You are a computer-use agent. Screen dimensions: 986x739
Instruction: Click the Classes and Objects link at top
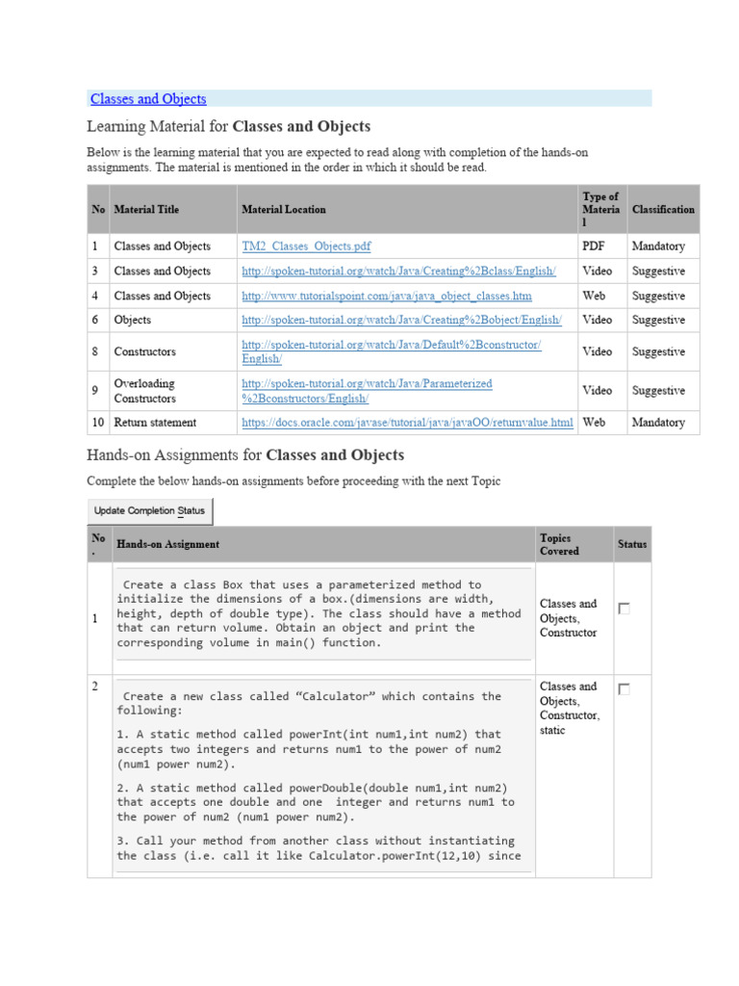148,99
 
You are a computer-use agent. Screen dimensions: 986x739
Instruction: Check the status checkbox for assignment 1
624,609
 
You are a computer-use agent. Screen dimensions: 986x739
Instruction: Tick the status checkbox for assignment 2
624,689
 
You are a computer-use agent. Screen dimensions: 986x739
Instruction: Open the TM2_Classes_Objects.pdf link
306,246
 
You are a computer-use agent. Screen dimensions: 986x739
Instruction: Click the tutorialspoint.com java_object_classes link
386,297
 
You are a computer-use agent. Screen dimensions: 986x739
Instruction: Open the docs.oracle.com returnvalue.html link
407,423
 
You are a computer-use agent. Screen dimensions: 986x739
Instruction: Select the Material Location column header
284,209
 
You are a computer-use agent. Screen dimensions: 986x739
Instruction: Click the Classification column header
663,209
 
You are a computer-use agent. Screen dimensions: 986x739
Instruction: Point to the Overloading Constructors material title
144,391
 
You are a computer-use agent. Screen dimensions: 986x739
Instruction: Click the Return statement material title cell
155,423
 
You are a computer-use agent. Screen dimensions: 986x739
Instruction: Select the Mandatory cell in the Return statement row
658,423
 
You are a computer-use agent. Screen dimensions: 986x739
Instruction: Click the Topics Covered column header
559,544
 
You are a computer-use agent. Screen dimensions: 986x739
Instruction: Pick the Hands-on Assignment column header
167,544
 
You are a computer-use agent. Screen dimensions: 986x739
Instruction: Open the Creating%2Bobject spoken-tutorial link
401,320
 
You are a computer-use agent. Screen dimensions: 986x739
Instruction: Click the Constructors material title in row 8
144,352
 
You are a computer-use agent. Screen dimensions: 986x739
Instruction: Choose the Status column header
632,544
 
